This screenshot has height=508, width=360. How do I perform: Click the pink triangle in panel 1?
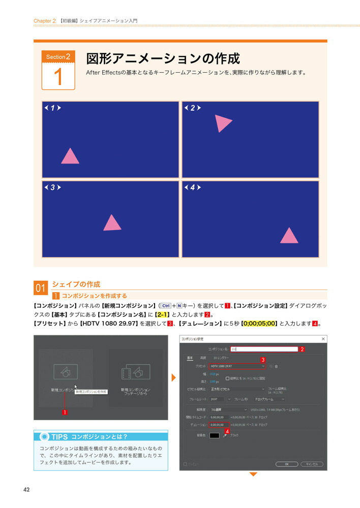[70, 157]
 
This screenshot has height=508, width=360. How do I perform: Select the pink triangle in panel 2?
[222, 123]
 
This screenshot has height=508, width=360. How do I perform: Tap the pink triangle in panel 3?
[112, 224]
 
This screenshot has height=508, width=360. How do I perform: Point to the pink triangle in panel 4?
[289, 236]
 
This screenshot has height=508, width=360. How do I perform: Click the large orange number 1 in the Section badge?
[58, 77]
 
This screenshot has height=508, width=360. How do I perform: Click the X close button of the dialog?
[323, 338]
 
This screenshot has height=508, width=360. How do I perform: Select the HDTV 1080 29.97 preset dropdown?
[237, 366]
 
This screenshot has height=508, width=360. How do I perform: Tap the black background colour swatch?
[215, 435]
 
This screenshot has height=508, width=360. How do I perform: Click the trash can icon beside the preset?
[277, 366]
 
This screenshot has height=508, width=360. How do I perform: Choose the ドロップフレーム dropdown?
[269, 399]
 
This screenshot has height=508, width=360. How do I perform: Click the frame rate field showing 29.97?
[217, 399]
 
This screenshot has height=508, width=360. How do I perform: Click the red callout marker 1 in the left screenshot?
[65, 412]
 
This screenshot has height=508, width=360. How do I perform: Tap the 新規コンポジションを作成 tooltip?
[92, 392]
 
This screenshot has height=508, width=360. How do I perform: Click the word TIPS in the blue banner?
[59, 437]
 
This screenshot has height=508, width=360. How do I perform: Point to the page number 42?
[26, 490]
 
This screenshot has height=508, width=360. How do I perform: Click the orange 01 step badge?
[41, 289]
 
